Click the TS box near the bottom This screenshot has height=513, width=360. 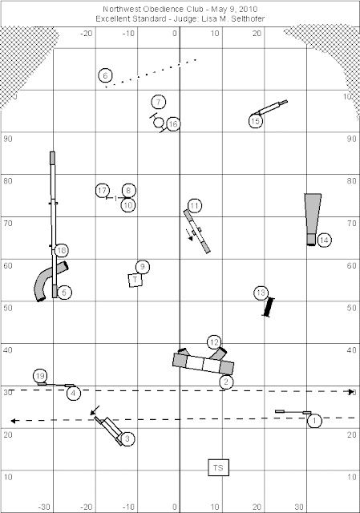point(218,467)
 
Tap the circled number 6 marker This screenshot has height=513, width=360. point(105,75)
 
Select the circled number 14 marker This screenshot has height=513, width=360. point(324,240)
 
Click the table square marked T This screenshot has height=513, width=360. point(135,281)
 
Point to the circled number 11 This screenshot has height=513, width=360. point(195,206)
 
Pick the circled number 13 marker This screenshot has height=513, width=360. point(261,293)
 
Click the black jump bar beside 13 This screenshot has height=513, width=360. point(269,307)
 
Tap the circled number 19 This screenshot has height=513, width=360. point(40,376)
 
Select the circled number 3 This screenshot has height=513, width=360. point(127,438)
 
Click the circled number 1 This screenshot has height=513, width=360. point(314,420)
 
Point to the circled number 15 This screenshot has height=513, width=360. point(255,121)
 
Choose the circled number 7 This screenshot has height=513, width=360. point(159,102)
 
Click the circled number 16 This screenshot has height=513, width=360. point(173,124)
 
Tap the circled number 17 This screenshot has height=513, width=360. point(103,191)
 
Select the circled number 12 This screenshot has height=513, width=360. point(214,342)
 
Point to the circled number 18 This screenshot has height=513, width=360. point(62,251)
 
